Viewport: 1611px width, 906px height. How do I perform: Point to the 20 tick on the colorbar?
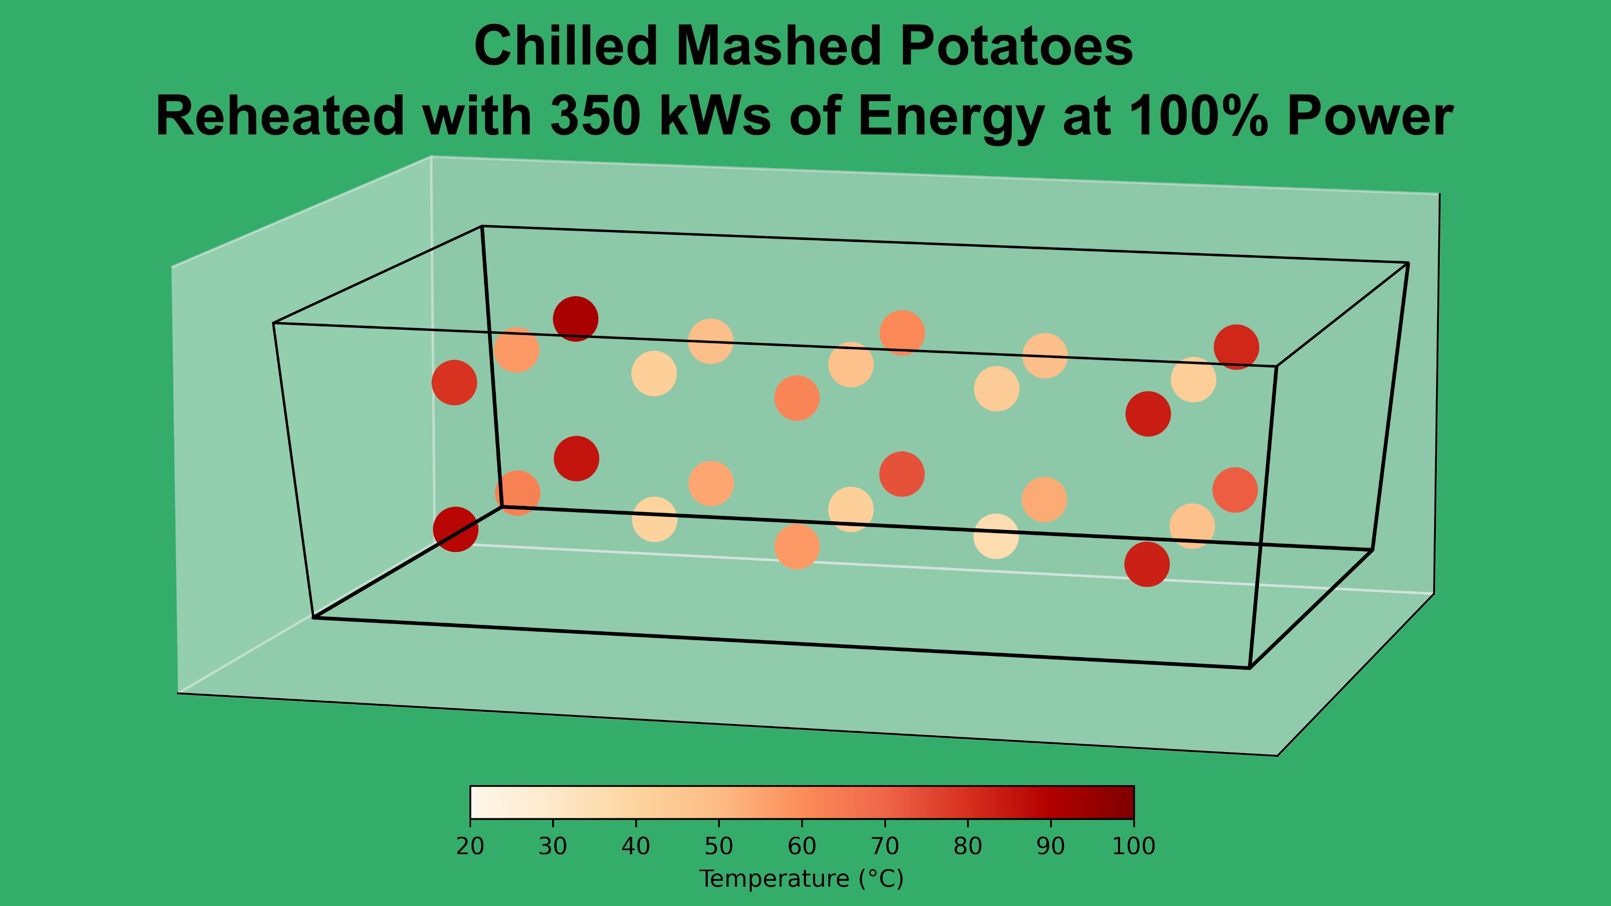pos(470,846)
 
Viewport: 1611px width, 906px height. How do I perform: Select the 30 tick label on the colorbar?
pos(553,846)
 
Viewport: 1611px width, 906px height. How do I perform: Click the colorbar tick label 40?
pos(636,846)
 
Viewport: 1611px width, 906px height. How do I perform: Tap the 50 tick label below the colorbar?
pos(719,846)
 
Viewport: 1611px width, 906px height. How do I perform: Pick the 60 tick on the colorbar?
pos(802,846)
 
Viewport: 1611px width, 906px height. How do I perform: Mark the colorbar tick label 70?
pos(885,846)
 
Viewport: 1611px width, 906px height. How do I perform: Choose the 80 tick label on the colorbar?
pos(967,846)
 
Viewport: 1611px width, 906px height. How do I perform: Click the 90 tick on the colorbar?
pos(1051,846)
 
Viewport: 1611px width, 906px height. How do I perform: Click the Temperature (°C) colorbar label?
pos(801,879)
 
